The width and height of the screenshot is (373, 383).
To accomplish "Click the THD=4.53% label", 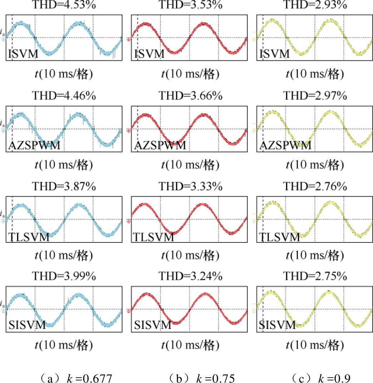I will click(64, 5).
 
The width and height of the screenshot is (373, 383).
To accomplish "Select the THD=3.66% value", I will click(190, 96).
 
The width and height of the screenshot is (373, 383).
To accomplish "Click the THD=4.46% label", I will click(64, 96).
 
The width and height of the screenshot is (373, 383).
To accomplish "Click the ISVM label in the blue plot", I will click(24, 54).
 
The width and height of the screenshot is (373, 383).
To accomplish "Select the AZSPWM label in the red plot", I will click(160, 146).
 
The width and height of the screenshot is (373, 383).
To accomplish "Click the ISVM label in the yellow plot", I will click(274, 54).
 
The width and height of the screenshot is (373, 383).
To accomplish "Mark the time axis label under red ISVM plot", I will click(190, 74).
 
